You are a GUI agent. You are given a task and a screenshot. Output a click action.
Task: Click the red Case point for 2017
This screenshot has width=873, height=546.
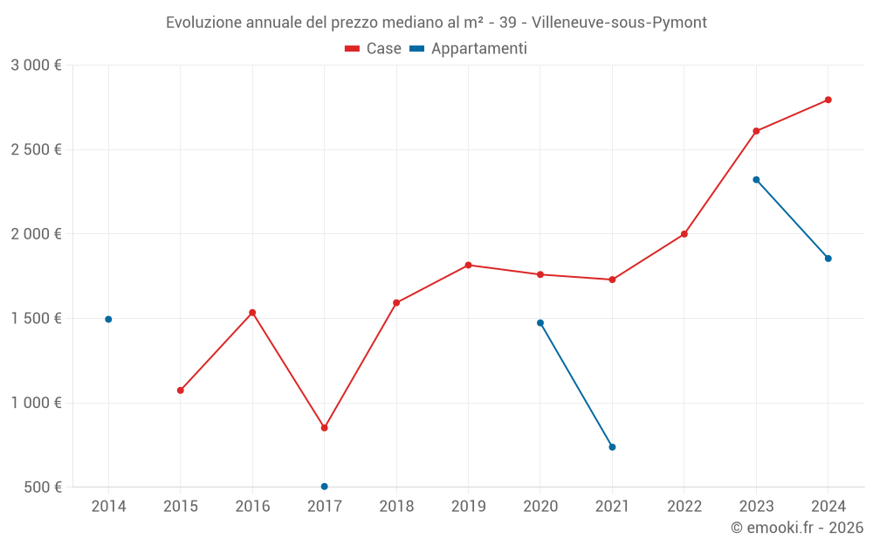coord(324,428)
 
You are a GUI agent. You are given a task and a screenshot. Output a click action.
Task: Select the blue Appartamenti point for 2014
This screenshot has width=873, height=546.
coord(108,319)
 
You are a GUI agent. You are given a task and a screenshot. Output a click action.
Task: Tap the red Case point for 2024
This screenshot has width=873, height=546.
coord(828,100)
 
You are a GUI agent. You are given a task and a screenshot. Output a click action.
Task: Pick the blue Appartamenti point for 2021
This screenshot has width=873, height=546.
coord(612,447)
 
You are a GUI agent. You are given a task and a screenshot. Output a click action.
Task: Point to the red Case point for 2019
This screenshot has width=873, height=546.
coord(468,265)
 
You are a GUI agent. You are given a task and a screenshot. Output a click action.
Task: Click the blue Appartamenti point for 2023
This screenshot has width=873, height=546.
coord(756,180)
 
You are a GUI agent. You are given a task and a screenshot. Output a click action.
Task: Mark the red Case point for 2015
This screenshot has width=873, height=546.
coord(181,390)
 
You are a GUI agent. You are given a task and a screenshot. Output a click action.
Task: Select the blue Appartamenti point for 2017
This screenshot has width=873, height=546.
coord(324,487)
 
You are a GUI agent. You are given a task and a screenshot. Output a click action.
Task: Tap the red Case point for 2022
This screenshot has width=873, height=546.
coord(684,234)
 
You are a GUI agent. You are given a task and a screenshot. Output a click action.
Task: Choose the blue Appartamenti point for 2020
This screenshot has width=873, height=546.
coord(540,322)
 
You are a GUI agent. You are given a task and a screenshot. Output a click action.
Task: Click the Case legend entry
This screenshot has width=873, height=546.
coord(374,49)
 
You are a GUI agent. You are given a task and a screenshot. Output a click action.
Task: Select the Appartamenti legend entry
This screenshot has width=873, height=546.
coord(469,49)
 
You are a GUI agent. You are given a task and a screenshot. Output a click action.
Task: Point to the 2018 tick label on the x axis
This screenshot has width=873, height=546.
coord(396,507)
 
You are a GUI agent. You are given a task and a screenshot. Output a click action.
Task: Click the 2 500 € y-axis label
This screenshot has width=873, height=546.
coord(36,149)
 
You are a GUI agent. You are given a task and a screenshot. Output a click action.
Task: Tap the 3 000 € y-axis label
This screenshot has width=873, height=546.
coord(36,66)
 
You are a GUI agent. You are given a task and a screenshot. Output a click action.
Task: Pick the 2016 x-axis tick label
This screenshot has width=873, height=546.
coord(252,507)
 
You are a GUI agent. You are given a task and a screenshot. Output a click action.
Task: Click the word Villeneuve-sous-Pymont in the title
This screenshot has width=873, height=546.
coord(620,22)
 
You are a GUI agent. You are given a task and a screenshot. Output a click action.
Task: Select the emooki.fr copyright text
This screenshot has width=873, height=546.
coord(797,528)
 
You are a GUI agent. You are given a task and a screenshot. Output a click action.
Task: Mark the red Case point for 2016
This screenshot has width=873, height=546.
coord(252,313)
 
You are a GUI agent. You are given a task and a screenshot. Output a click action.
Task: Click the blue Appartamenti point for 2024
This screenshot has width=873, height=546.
coord(828,259)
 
